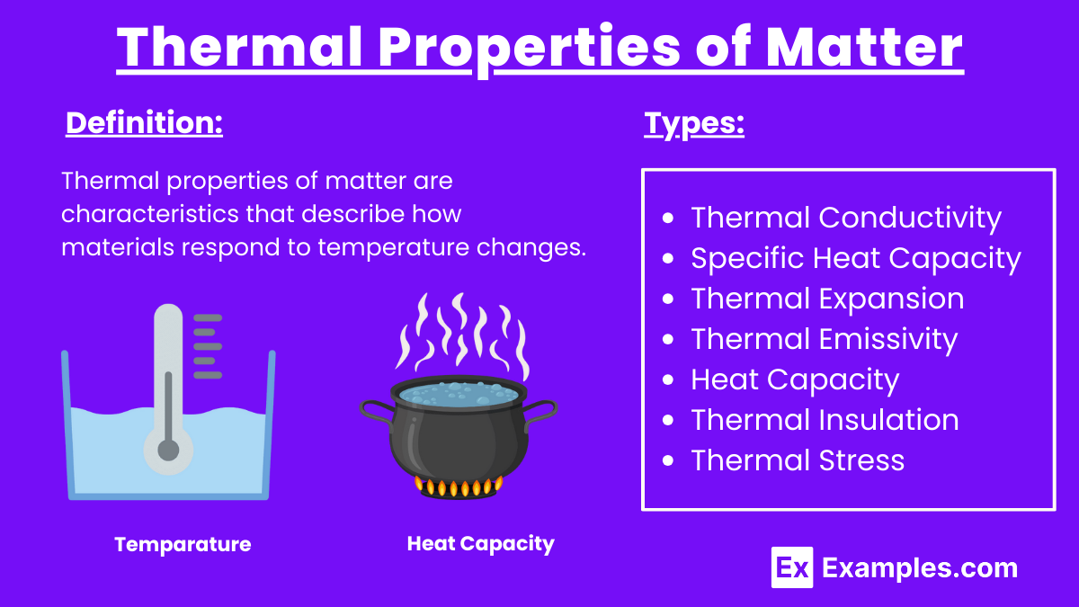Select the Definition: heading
coord(144,123)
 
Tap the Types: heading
coord(694,123)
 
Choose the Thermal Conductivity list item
coord(845,218)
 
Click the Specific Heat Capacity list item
coord(855,258)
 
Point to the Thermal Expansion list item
coord(827,299)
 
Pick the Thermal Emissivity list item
coord(824,339)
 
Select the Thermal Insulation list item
coord(825,420)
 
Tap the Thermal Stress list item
coord(797,460)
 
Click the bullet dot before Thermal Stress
coord(667,461)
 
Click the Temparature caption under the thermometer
coord(183,544)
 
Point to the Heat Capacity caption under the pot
coord(480,543)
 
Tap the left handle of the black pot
coord(375,413)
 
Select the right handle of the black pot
coord(542,413)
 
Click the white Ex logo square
coord(792,567)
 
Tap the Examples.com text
coord(920,567)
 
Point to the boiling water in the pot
coord(459,393)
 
